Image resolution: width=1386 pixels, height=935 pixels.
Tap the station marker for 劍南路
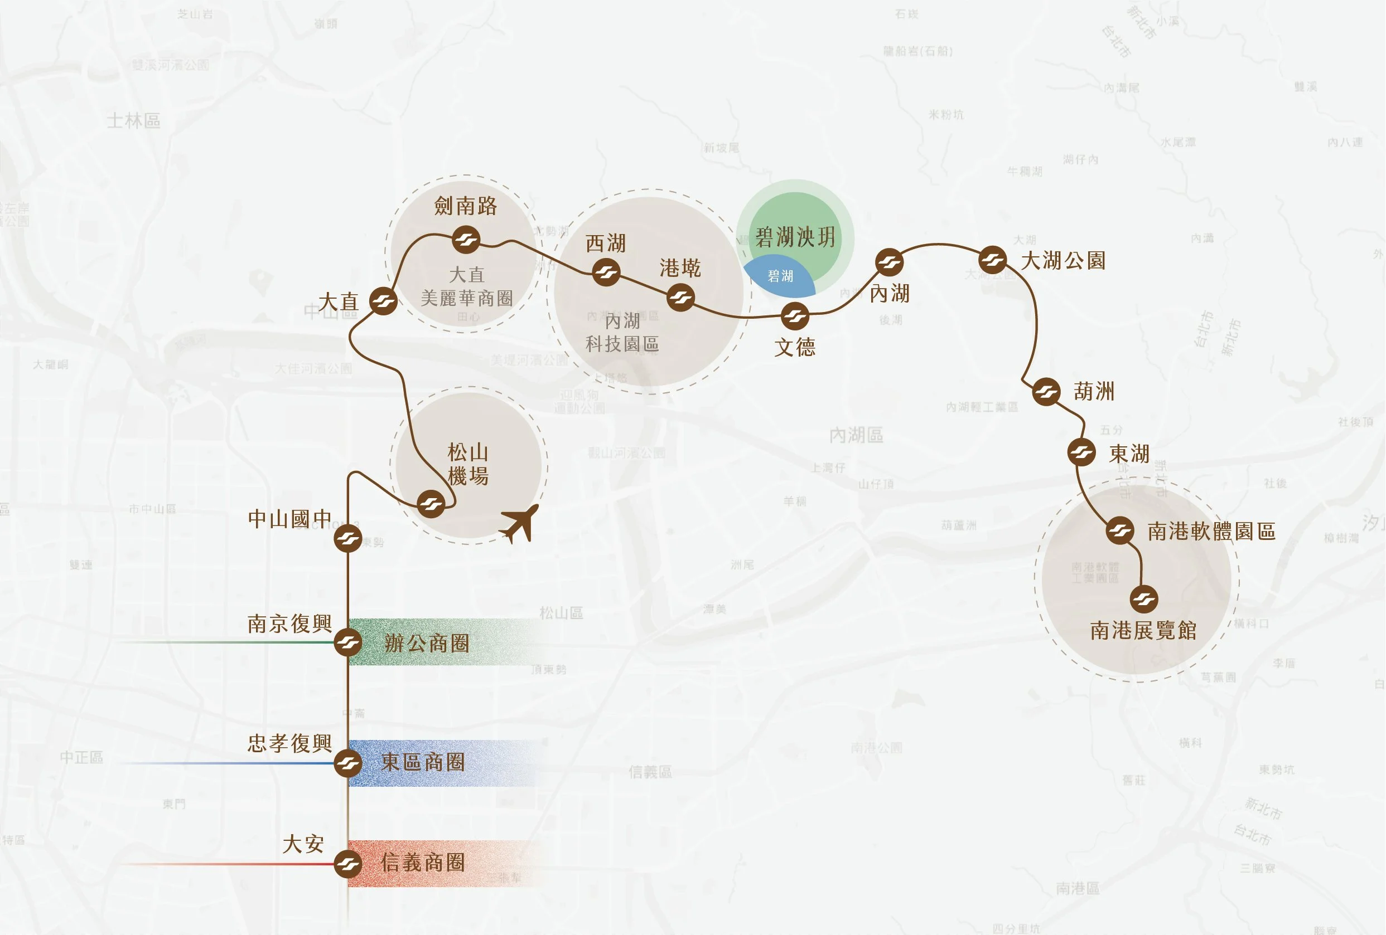[x=465, y=240]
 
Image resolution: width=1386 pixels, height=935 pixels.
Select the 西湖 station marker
[x=606, y=272]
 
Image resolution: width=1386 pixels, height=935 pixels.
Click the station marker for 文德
[x=794, y=316]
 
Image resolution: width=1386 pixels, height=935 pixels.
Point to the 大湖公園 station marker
[x=992, y=260]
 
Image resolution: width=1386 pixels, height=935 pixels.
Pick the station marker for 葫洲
[x=1046, y=392]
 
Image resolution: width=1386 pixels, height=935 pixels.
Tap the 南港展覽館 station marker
[x=1144, y=599]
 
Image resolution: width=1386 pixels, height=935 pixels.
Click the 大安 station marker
[x=347, y=864]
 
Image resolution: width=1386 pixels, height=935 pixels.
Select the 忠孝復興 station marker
[x=347, y=763]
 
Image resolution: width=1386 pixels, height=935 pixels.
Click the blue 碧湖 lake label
[x=780, y=276]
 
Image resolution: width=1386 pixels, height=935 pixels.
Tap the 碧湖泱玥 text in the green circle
[x=795, y=237]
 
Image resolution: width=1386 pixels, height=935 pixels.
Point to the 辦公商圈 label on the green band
[x=427, y=643]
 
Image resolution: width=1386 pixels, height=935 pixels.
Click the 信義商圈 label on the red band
[x=423, y=863]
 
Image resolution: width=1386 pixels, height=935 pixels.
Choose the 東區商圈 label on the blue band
[x=423, y=762]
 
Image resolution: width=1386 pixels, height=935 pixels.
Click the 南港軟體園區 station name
[x=1211, y=531]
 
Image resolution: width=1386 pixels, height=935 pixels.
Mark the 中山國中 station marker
[x=347, y=539]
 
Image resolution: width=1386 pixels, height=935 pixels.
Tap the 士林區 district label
[x=134, y=121]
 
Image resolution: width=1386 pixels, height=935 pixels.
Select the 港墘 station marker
[x=680, y=298]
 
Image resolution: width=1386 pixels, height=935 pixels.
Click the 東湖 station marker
[x=1081, y=452]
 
